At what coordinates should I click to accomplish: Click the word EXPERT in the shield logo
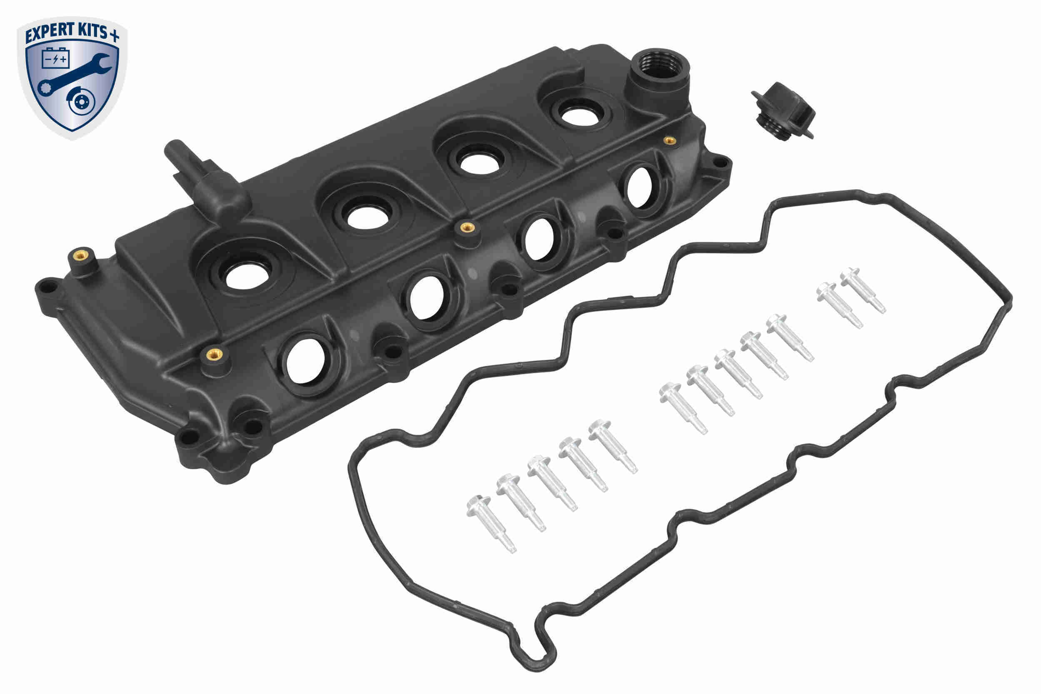48,35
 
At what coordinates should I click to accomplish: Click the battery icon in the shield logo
56,58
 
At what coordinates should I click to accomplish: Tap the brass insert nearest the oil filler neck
670,141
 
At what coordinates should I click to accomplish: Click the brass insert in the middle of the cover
467,227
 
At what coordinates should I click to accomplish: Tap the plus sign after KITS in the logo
114,35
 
